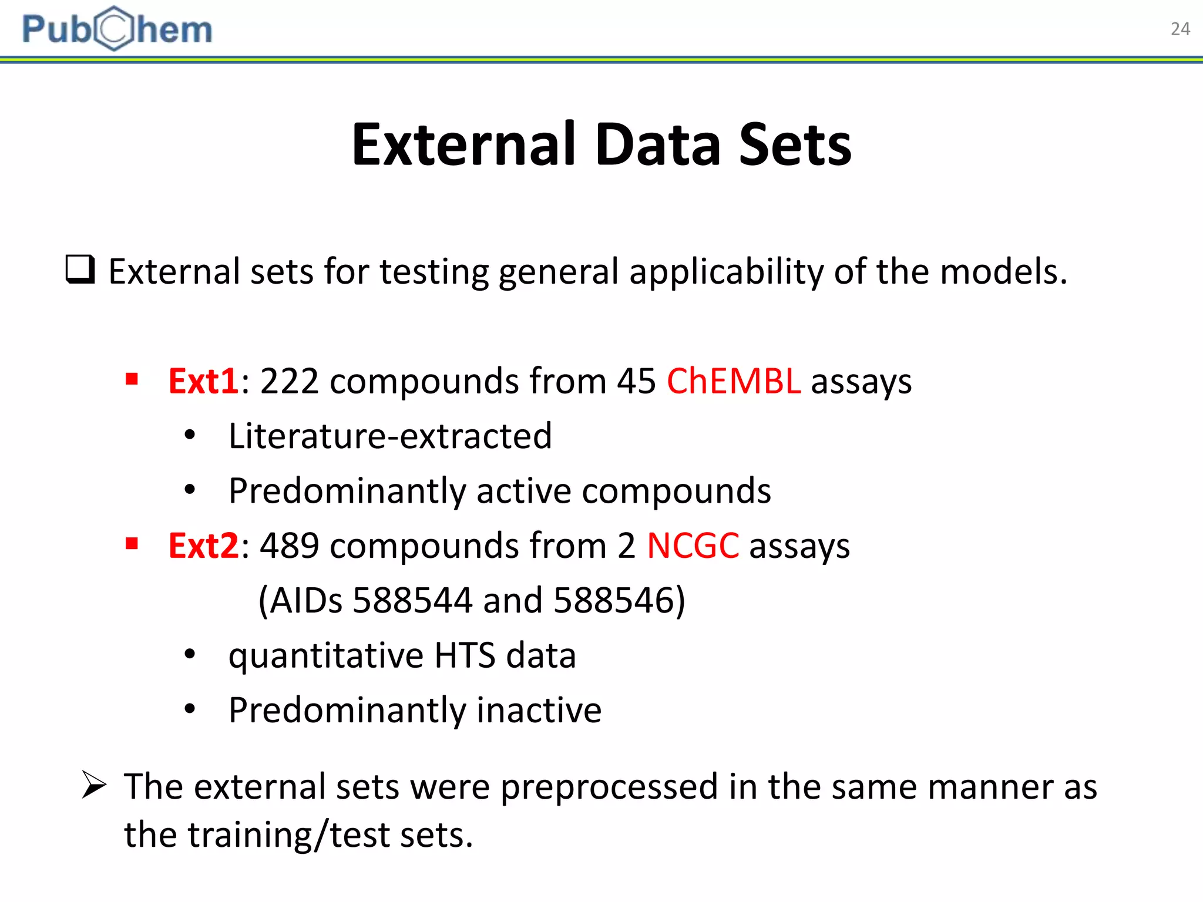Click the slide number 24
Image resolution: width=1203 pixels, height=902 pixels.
[1180, 29]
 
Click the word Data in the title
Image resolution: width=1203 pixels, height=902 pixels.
[657, 144]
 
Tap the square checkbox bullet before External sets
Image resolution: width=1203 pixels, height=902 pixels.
[80, 270]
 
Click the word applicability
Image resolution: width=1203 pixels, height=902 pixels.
[726, 272]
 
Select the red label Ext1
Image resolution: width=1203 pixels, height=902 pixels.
[203, 381]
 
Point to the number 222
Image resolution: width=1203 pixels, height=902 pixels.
[290, 381]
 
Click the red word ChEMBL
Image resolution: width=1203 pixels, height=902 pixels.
[733, 381]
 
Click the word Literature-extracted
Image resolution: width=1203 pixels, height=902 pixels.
[390, 436]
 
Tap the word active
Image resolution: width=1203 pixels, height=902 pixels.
[523, 491]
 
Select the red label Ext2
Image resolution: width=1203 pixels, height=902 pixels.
[203, 546]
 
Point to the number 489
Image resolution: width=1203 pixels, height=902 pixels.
[290, 546]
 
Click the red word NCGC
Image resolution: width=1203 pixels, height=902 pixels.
[693, 546]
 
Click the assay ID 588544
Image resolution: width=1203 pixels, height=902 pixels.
[412, 600]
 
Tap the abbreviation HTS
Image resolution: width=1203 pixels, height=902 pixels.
[465, 655]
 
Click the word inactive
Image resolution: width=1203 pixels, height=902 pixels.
[539, 710]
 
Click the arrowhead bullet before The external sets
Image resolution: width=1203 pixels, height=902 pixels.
[94, 785]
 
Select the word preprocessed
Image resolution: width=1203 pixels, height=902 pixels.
[609, 787]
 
